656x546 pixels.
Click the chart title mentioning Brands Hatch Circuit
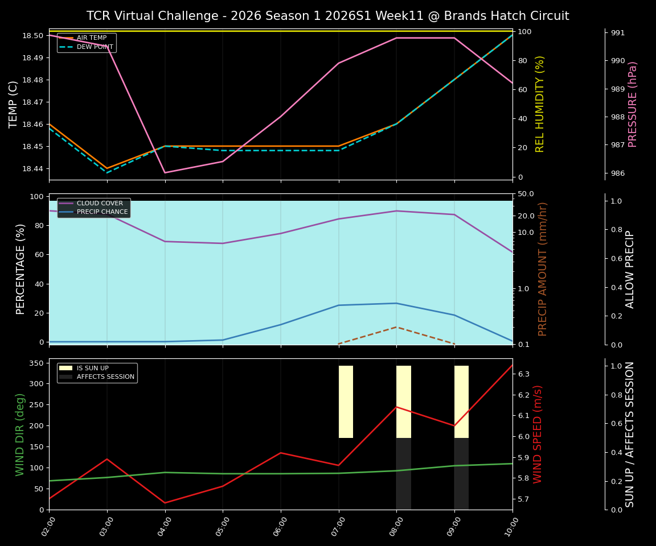pyautogui.click(x=327, y=16)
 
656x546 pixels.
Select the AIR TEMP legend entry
pyautogui.click(x=91, y=38)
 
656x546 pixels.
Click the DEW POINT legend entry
pyautogui.click(x=95, y=47)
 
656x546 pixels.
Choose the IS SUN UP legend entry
pyautogui.click(x=92, y=368)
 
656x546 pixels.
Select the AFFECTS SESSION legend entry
pyautogui.click(x=105, y=377)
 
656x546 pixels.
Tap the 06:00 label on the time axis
pyautogui.click(x=280, y=527)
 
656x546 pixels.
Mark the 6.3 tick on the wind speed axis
pyautogui.click(x=524, y=374)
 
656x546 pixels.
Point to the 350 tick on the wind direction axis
pyautogui.click(x=38, y=363)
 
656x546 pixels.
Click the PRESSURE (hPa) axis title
pyautogui.click(x=633, y=104)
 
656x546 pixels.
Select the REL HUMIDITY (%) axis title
pyautogui.click(x=540, y=104)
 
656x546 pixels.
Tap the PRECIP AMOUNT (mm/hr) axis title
pyautogui.click(x=543, y=268)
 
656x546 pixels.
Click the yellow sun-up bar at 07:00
pyautogui.click(x=346, y=402)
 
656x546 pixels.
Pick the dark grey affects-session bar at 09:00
pyautogui.click(x=461, y=473)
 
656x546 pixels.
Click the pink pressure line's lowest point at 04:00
pyautogui.click(x=165, y=173)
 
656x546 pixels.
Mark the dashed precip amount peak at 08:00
pyautogui.click(x=396, y=327)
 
